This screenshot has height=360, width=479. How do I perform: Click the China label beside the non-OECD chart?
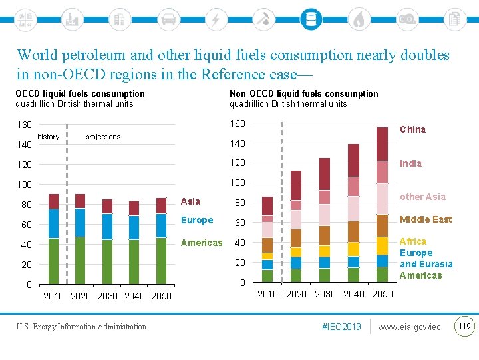(412, 129)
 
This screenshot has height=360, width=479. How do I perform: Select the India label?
(410, 163)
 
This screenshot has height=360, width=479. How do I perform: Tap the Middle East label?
(425, 219)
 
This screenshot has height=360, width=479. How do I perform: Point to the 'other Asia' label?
(422, 197)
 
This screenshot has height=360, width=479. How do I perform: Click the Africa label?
(413, 241)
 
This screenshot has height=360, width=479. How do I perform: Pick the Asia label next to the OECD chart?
(190, 201)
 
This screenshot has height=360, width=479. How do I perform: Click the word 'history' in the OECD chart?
(49, 137)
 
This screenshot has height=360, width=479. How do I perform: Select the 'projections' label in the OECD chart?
(103, 137)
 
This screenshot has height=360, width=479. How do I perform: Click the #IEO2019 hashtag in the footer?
(341, 327)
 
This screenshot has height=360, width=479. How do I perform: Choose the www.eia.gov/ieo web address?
(409, 327)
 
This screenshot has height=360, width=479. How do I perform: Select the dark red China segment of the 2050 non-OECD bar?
(382, 144)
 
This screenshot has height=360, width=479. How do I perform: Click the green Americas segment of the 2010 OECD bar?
(54, 261)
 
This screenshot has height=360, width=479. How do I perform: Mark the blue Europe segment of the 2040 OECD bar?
(134, 227)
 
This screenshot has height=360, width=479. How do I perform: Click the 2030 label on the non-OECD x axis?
(325, 294)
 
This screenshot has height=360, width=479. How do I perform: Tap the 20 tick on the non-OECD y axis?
(239, 263)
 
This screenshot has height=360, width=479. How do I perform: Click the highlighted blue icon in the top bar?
(310, 19)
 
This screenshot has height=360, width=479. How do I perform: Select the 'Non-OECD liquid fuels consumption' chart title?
(304, 94)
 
